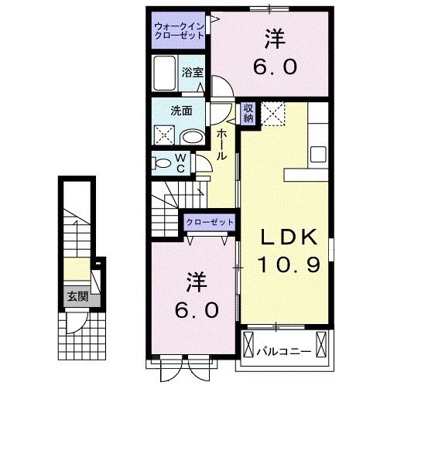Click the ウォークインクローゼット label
tap(180, 31)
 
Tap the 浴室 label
tap(192, 72)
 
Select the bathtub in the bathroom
tap(164, 73)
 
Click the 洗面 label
tap(181, 111)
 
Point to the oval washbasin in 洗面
tap(193, 138)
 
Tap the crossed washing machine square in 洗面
tap(164, 135)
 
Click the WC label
tap(180, 162)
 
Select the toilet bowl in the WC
tap(162, 163)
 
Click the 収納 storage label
tap(248, 114)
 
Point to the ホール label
tap(221, 145)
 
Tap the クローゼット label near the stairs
tap(210, 222)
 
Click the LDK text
tap(289, 237)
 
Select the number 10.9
tap(289, 264)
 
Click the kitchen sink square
tap(318, 154)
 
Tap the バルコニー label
tap(284, 352)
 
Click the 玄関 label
tap(77, 296)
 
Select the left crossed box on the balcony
tap(248, 344)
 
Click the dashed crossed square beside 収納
tap(273, 114)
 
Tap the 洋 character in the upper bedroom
tap(276, 39)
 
